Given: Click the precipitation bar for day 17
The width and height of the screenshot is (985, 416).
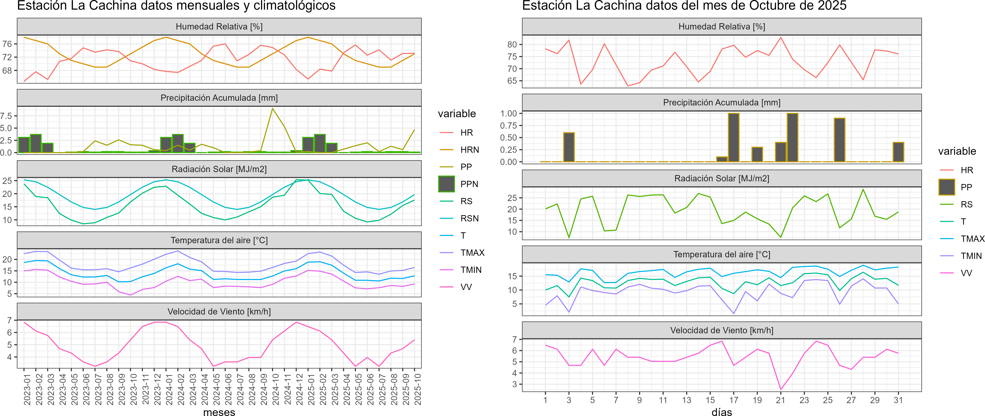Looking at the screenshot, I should [733, 138].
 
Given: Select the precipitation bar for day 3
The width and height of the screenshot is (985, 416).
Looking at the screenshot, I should [569, 147].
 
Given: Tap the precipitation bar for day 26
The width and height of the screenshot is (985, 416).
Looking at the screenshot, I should [839, 140].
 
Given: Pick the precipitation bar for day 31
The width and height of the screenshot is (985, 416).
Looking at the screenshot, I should [898, 152].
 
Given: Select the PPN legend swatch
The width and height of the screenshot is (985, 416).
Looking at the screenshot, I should [446, 184].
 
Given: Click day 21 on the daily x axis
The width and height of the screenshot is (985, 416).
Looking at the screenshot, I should [780, 400].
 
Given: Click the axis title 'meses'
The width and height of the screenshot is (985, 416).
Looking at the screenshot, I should [219, 412].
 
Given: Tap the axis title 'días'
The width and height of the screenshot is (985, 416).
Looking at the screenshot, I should [721, 412].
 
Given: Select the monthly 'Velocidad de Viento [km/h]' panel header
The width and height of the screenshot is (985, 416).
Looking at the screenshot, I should [219, 312].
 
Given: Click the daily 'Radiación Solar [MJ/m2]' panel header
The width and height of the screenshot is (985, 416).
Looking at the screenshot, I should [721, 179].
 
